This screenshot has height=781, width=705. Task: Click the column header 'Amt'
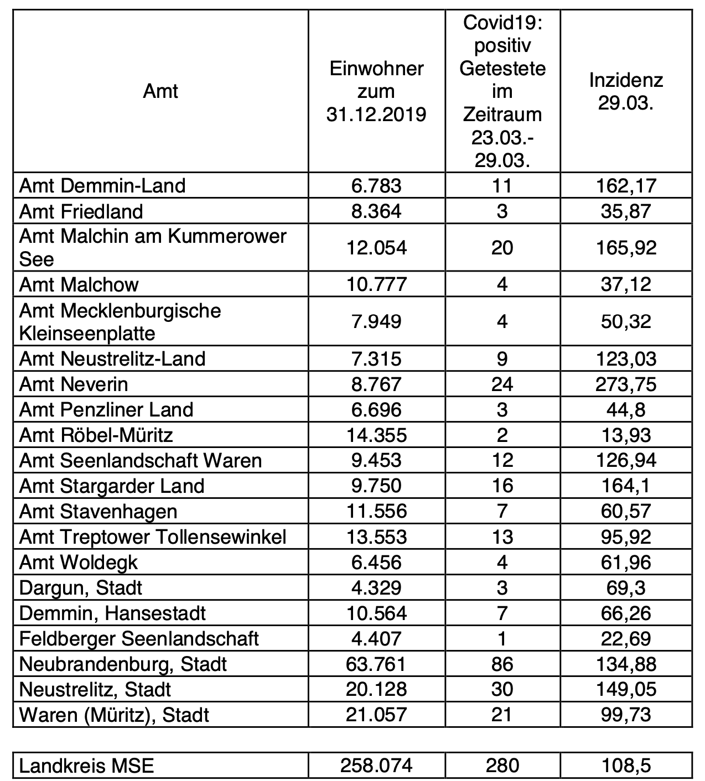(x=160, y=91)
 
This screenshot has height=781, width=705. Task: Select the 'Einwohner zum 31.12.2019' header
(x=376, y=91)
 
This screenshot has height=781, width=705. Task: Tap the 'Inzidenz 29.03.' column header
(x=626, y=91)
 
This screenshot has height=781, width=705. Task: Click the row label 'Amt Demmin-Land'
(x=102, y=185)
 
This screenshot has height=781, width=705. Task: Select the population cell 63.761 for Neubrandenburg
(x=376, y=664)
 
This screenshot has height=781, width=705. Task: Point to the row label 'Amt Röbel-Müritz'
(x=96, y=435)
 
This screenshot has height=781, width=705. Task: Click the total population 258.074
(x=376, y=766)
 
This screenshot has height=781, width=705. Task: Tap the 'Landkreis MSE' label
(x=87, y=766)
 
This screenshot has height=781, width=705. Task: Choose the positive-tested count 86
(x=502, y=664)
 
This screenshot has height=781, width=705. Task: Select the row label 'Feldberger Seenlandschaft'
(x=139, y=638)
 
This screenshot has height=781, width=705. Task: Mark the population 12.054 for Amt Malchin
(x=376, y=247)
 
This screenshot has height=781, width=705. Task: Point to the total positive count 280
(x=502, y=766)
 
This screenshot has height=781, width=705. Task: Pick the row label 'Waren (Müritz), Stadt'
(x=114, y=715)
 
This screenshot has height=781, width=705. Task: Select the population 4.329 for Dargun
(x=376, y=587)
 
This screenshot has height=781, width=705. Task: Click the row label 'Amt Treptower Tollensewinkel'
(x=153, y=537)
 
